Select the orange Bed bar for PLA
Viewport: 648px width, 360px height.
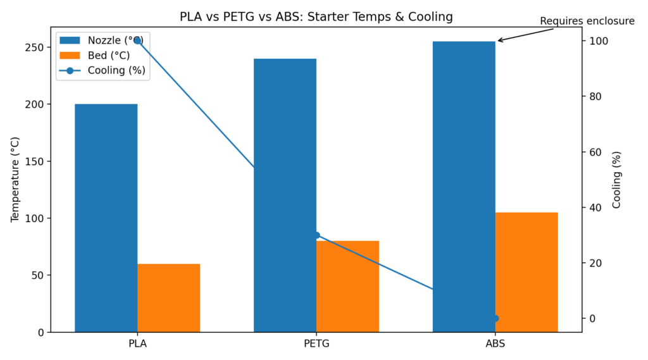pyautogui.click(x=168, y=297)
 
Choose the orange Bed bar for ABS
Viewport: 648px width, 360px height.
pyautogui.click(x=526, y=272)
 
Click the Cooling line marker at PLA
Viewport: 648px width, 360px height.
pyautogui.click(x=137, y=40)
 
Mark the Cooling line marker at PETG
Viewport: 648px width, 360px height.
pyautogui.click(x=316, y=235)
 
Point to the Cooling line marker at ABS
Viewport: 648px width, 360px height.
pyautogui.click(x=495, y=318)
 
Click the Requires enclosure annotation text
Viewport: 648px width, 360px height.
pyautogui.click(x=587, y=22)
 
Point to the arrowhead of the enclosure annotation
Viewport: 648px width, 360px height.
pyautogui.click(x=499, y=40)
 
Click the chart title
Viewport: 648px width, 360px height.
pyautogui.click(x=316, y=16)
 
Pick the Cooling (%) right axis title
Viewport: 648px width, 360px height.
pyautogui.click(x=616, y=180)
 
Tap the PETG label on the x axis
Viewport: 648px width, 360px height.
pyautogui.click(x=316, y=344)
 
